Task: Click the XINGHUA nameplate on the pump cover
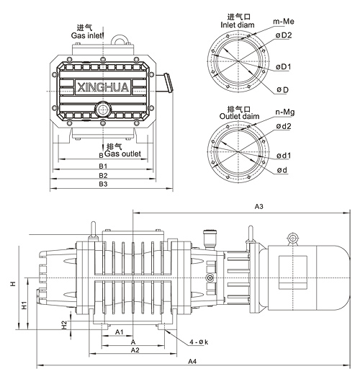point(103,86)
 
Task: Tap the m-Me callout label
point(284,22)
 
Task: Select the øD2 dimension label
point(284,35)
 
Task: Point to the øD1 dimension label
point(283,67)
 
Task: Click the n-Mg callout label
point(285,112)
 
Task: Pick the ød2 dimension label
point(284,126)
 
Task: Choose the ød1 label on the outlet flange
point(284,156)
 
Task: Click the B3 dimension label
point(103,184)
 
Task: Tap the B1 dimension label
point(103,166)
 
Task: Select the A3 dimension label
point(259,206)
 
